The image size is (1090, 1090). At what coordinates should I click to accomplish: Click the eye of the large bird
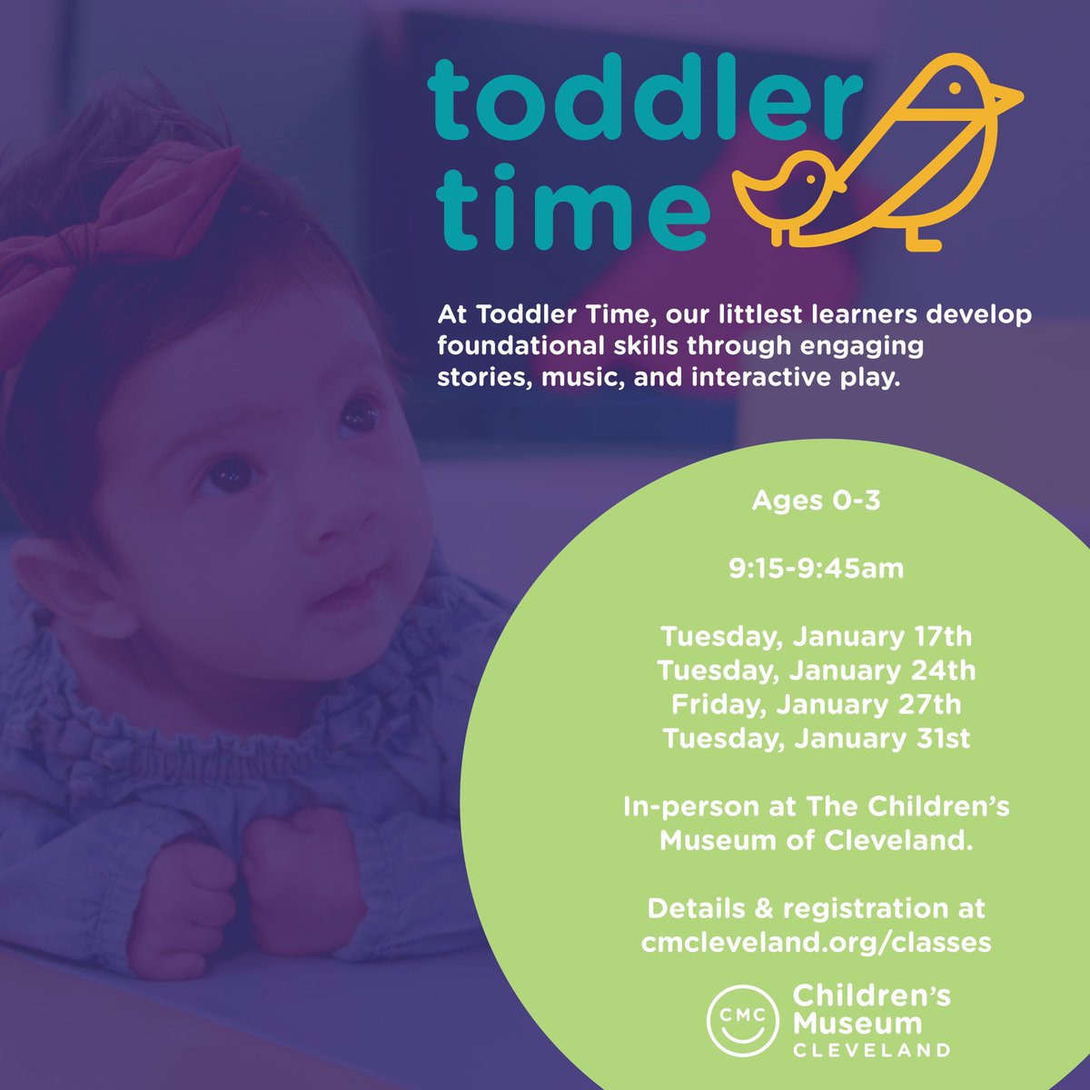(x=955, y=89)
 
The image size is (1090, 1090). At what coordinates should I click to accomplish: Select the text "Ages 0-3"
(x=816, y=500)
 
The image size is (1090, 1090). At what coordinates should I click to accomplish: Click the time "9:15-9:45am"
(x=816, y=570)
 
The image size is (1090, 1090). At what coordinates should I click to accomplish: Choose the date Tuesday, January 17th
(x=816, y=636)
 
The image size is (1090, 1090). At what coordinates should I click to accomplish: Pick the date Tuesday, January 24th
(x=816, y=670)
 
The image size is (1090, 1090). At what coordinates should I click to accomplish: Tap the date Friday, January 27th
(x=816, y=705)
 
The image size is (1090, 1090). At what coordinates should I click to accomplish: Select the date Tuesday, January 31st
(x=816, y=738)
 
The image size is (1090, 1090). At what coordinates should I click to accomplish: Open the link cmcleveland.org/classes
(x=816, y=943)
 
